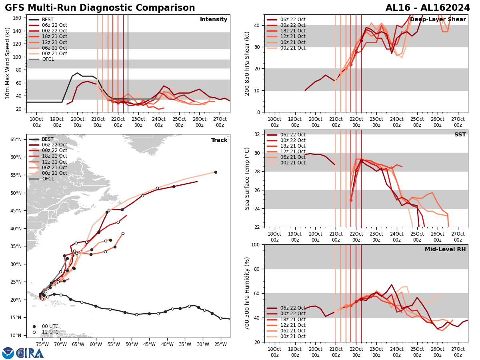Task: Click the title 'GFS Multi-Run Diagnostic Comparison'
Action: point(100,8)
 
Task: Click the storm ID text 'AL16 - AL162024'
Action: point(428,8)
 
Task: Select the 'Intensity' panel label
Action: point(214,20)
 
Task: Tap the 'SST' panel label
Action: point(460,135)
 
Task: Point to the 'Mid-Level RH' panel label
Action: point(445,250)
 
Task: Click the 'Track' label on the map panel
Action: point(219,140)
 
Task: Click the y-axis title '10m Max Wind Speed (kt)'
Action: point(8,63)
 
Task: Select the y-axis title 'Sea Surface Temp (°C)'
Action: point(247,178)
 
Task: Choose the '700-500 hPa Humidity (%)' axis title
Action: point(247,293)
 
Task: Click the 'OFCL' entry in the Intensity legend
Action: point(48,59)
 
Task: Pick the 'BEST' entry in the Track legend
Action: point(48,139)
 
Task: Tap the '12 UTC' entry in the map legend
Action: point(50,332)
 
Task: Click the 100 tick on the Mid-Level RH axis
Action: point(256,245)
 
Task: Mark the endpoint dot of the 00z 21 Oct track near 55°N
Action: point(216,172)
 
